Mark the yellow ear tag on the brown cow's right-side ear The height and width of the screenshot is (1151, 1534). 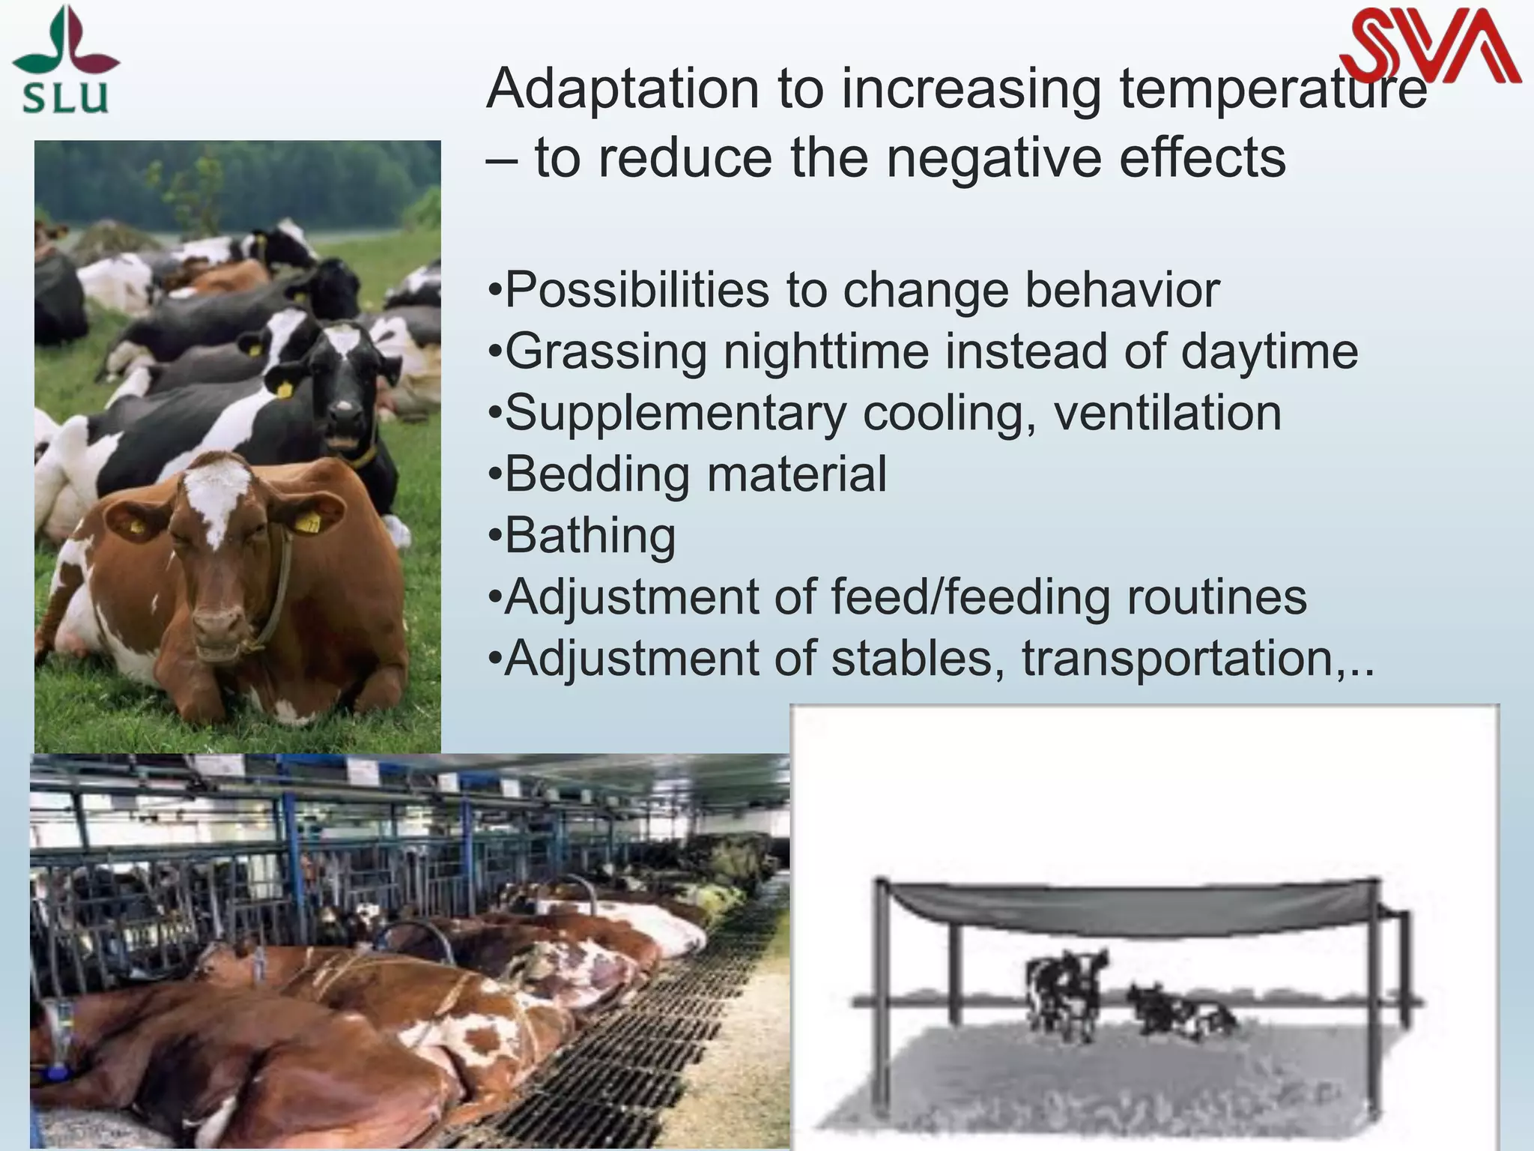(307, 522)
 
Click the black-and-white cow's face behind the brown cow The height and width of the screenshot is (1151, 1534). (345, 390)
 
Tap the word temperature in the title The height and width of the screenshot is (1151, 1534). (1273, 89)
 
